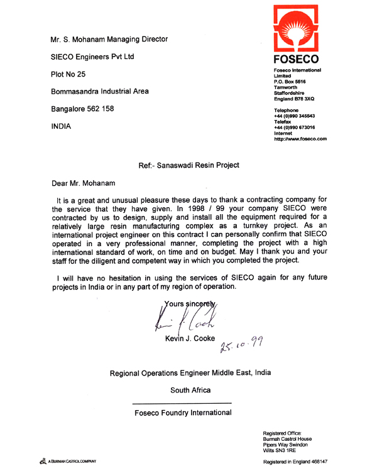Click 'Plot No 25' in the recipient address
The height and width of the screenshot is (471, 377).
(68, 74)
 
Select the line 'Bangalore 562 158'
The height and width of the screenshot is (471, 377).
(82, 109)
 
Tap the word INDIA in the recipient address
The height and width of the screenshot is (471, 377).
(61, 126)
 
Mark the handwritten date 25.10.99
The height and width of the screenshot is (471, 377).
(241, 344)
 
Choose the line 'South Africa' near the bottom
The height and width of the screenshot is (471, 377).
(190, 390)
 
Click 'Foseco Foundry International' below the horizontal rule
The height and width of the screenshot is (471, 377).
(183, 413)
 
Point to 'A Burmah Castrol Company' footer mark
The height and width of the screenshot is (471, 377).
(70, 462)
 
